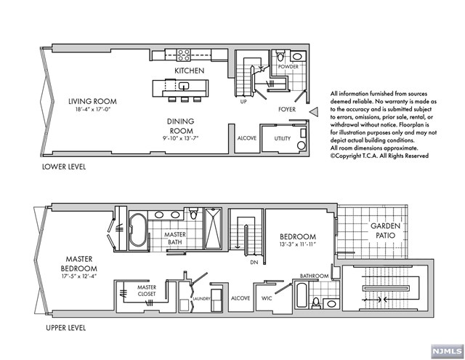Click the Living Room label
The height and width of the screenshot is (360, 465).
[92, 101]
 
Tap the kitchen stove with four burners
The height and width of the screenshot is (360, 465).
[184, 55]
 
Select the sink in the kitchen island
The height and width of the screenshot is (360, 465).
[184, 86]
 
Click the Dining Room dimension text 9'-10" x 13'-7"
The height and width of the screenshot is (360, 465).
[180, 138]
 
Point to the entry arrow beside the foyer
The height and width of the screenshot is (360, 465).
[313, 112]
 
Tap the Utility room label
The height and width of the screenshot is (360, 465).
[283, 138]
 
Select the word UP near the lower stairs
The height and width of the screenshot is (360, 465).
[243, 102]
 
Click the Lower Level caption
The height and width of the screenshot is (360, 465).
[64, 167]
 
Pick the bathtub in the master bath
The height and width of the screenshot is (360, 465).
[138, 231]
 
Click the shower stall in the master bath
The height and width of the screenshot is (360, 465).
[213, 228]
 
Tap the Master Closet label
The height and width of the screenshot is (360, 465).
[147, 291]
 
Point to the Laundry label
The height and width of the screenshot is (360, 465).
[201, 299]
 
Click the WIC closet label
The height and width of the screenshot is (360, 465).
[267, 298]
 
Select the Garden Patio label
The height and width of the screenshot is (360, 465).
[386, 231]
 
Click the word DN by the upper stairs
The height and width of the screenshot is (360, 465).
[254, 263]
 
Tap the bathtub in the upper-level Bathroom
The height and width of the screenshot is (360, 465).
[302, 295]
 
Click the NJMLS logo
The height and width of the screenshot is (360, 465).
[448, 352]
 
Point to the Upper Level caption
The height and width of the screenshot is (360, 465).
[66, 328]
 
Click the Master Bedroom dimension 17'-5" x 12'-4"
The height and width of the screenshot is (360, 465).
[79, 276]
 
